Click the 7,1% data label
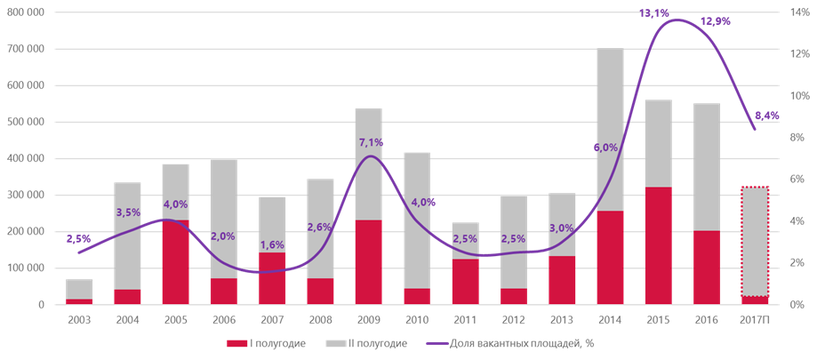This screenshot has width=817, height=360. click(370, 142)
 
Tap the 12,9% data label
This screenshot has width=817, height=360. click(715, 21)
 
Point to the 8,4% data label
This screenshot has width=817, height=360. click(766, 116)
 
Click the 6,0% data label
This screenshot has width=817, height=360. click(605, 148)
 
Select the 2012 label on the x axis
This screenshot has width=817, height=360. click(513, 320)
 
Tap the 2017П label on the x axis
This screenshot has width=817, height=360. click(755, 320)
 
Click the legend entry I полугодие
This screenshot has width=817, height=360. click(267, 343)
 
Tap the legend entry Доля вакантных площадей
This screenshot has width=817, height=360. click(507, 343)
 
